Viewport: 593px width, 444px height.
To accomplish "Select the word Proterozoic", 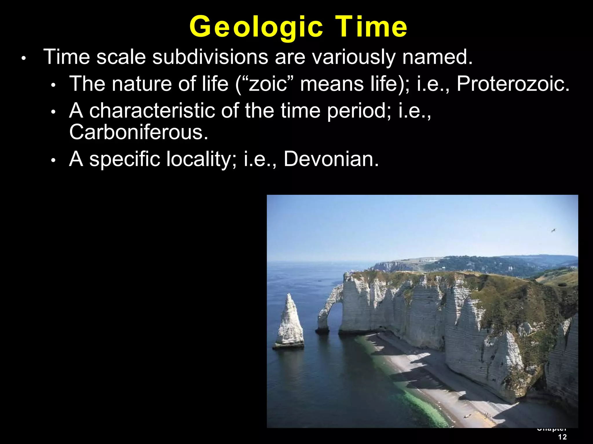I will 513,84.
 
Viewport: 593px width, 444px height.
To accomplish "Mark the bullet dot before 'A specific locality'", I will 53,161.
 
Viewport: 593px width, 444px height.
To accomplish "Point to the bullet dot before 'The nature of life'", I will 53,86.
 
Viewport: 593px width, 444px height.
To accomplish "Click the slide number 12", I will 562,437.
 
